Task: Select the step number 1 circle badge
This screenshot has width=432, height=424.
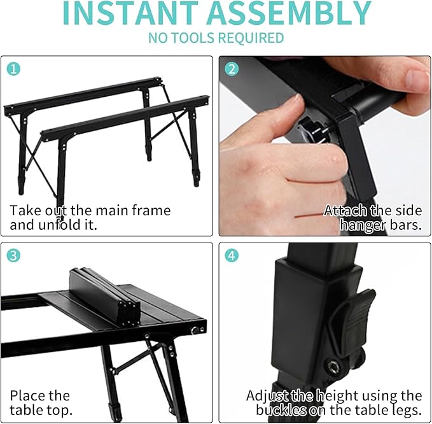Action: [13, 68]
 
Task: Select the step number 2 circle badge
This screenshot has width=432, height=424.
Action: [232, 68]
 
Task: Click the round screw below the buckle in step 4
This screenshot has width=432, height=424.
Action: [333, 366]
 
